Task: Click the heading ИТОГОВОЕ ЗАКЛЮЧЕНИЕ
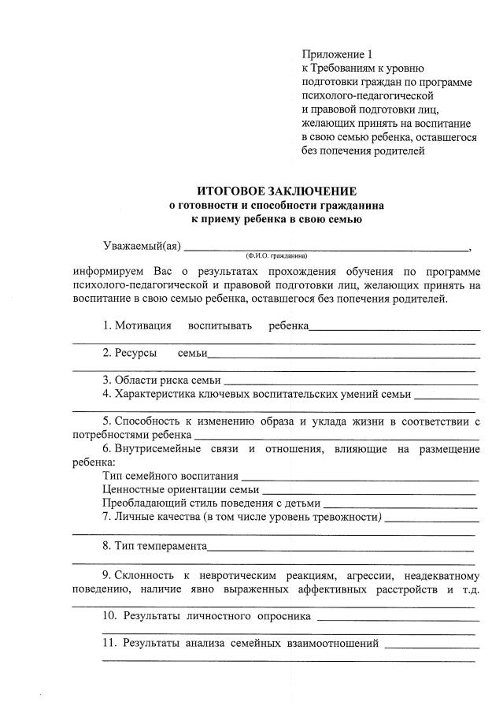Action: point(276,191)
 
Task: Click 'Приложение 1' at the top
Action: point(335,54)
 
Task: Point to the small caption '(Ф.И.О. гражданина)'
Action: point(276,256)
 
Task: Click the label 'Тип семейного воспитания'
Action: point(170,476)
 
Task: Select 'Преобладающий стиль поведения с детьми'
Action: point(212,503)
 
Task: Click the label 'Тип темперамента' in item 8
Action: point(161,545)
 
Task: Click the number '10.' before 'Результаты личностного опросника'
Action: point(110,615)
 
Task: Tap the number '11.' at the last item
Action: point(110,643)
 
